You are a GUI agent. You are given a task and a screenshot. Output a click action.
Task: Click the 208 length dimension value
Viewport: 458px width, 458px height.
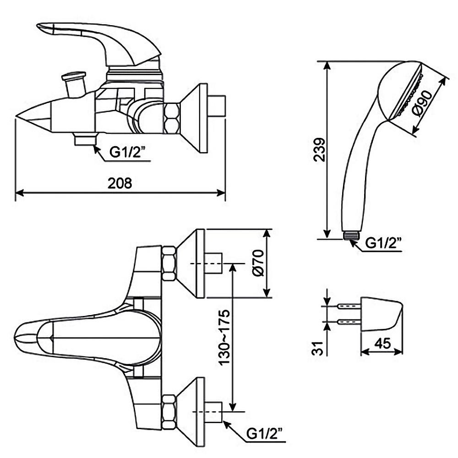120,183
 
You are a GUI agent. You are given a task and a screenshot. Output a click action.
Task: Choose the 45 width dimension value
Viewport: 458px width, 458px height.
382,343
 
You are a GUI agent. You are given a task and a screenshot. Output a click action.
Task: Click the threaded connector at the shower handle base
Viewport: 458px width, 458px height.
351,235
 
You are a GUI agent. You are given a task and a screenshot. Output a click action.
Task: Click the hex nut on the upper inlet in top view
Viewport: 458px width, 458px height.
169,263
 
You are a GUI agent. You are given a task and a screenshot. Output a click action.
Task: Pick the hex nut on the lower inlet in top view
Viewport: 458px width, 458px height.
169,411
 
